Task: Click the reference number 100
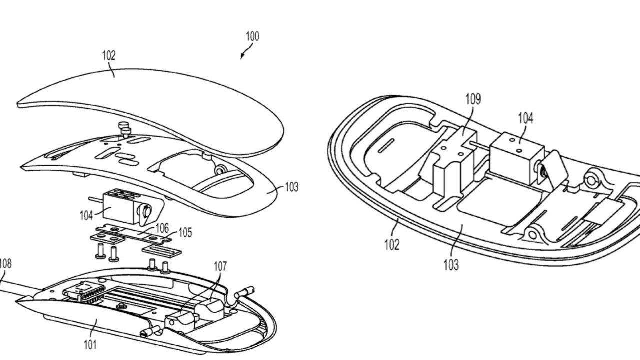tap(252, 37)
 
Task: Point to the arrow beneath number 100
tap(244, 53)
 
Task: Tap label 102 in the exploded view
tap(109, 56)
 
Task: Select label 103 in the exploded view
tap(291, 187)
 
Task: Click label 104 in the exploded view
tap(86, 215)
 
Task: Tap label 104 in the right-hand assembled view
tap(525, 118)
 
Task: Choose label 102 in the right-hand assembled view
tap(392, 245)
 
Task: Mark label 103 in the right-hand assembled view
tap(451, 264)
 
